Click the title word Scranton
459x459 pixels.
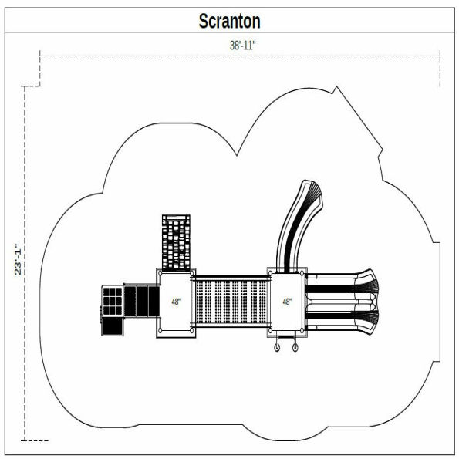click(230, 20)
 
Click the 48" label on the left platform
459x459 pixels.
click(177, 302)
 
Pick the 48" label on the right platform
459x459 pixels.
click(287, 302)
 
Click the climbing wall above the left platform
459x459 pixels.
click(177, 240)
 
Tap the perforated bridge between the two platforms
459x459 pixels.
click(231, 302)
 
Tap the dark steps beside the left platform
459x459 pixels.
click(140, 300)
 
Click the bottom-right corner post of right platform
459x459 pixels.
click(304, 333)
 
